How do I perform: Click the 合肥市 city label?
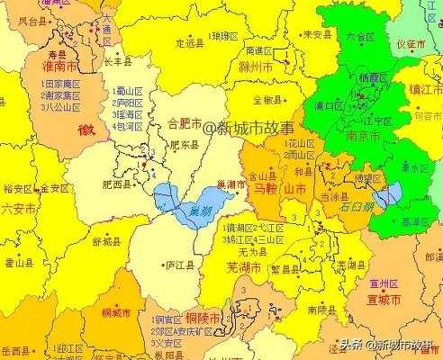pos(186,123)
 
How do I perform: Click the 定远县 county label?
pos(191,42)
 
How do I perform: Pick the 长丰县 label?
pos(119,62)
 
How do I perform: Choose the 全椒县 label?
pos(268,100)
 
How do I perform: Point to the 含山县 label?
pos(262,177)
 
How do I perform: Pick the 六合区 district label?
pos(359,37)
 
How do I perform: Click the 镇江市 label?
pos(425,90)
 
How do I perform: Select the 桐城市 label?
pos(118,312)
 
